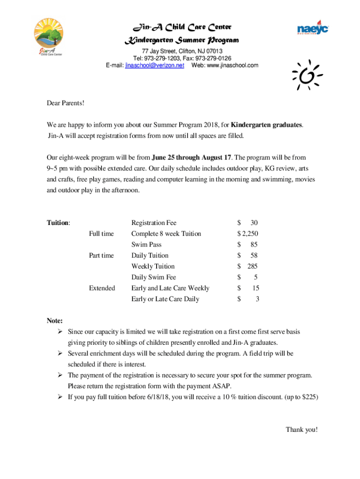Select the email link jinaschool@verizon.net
pyautogui.click(x=154, y=65)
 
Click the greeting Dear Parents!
pyautogui.click(x=65, y=102)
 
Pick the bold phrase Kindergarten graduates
pyautogui.click(x=266, y=125)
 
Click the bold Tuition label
pyautogui.click(x=58, y=223)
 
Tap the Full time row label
pyautogui.click(x=101, y=233)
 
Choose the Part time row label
pyautogui.click(x=101, y=255)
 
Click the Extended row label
pyautogui.click(x=102, y=288)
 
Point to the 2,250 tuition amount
pyautogui.click(x=249, y=233)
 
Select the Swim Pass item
pyautogui.click(x=146, y=245)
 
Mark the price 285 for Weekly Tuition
pyautogui.click(x=252, y=266)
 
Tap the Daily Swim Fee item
pyautogui.click(x=153, y=277)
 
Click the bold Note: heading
pyautogui.click(x=55, y=320)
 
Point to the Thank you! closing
pyautogui.click(x=302, y=429)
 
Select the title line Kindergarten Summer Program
pyautogui.click(x=181, y=40)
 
